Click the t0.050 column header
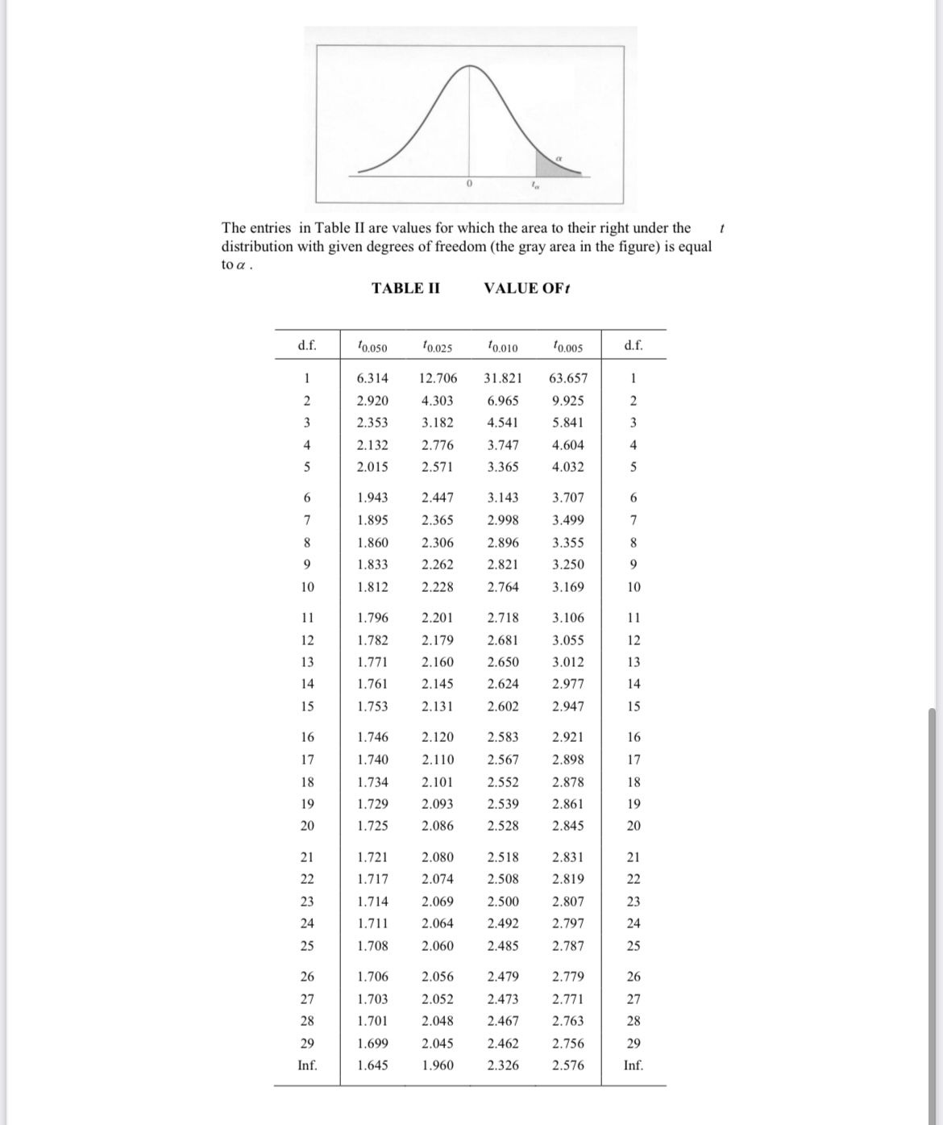click(x=372, y=348)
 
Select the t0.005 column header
click(x=568, y=348)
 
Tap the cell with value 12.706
click(x=438, y=378)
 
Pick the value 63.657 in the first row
click(x=568, y=378)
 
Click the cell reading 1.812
click(x=372, y=587)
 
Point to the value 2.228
click(x=438, y=587)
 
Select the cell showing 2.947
click(x=568, y=706)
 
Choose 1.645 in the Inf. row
click(x=372, y=1065)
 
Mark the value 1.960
click(x=438, y=1065)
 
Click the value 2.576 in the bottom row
click(x=568, y=1065)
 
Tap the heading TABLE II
click(x=405, y=289)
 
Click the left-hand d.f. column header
click(x=307, y=347)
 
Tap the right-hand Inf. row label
click(x=634, y=1065)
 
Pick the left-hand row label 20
click(x=307, y=826)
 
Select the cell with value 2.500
click(x=503, y=902)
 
